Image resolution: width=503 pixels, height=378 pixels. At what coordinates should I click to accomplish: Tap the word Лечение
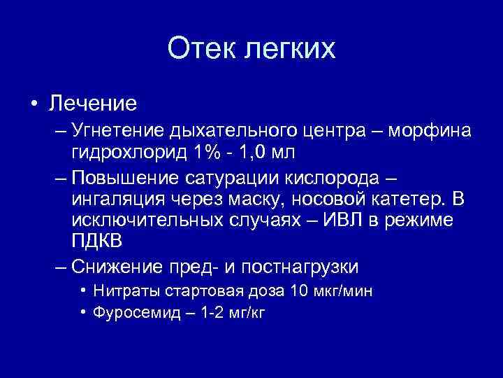[92, 104]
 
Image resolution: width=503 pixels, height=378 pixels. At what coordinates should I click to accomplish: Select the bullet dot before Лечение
[34, 104]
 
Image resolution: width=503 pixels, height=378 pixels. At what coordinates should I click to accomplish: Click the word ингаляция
[117, 199]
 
